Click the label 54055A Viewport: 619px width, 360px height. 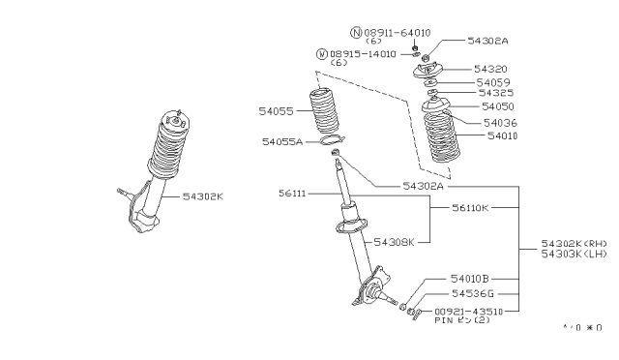pyautogui.click(x=282, y=141)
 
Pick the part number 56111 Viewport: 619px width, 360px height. pyautogui.click(x=294, y=194)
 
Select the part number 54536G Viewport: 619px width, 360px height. pyautogui.click(x=473, y=292)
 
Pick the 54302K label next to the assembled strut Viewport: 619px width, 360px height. pyautogui.click(x=203, y=195)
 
